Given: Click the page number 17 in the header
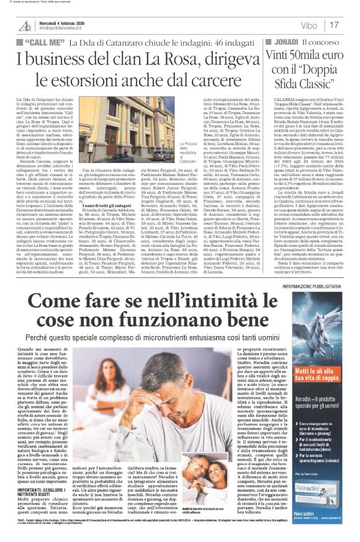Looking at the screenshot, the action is coord(334,25).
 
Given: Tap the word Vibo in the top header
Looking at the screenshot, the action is coord(306,25).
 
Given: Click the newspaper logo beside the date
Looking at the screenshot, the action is coord(24,25).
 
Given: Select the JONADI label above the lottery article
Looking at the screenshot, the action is coord(286,42).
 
